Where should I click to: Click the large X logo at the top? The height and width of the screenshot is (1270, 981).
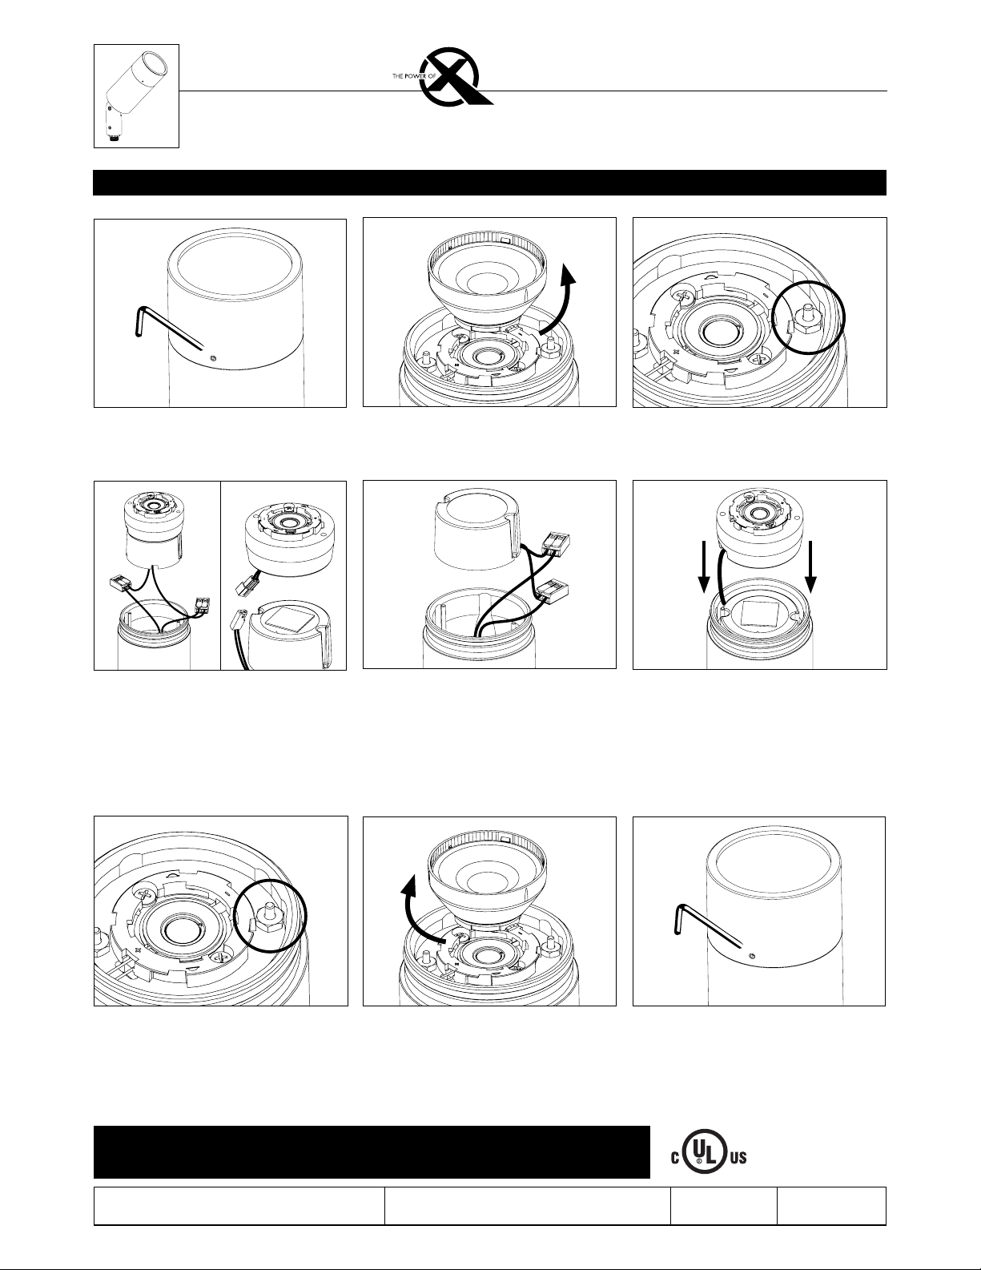pos(456,77)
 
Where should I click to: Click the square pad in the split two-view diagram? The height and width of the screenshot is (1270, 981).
pos(283,619)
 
